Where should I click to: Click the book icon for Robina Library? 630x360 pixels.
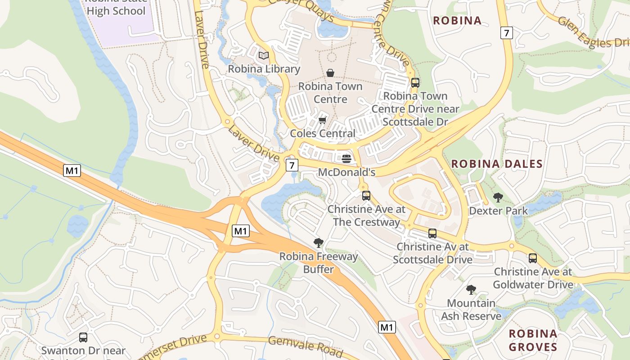(263, 56)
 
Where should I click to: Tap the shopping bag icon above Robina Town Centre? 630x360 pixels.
(330, 73)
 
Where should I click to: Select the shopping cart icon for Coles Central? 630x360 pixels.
(322, 120)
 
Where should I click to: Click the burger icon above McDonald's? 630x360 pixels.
(346, 159)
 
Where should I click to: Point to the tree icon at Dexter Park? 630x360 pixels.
(498, 198)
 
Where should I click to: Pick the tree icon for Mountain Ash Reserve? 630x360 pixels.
(471, 290)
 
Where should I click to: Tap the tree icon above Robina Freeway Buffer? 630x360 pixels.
(319, 243)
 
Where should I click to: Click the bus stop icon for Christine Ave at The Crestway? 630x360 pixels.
(366, 196)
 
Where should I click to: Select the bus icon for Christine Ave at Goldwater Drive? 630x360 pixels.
(533, 258)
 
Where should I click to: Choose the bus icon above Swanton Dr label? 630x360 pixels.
(83, 337)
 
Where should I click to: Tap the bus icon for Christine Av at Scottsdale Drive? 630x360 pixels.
(432, 234)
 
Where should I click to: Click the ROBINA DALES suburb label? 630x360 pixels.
(497, 164)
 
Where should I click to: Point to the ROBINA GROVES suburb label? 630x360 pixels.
(533, 340)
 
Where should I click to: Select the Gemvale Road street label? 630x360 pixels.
(306, 347)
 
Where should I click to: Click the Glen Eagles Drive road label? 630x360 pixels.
(593, 33)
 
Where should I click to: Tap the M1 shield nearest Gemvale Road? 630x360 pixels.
(387, 327)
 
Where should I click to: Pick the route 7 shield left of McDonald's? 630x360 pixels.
(292, 165)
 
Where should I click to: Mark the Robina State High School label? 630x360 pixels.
(116, 8)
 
